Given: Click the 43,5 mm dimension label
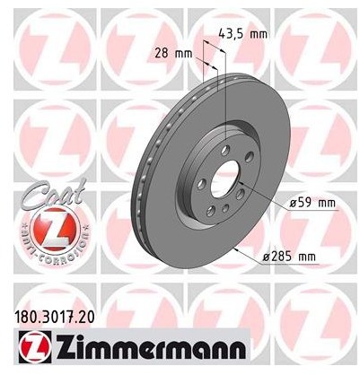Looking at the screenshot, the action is [242, 33].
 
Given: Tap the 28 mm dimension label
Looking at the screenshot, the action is [173, 53].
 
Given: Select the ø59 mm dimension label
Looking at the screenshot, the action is [312, 203].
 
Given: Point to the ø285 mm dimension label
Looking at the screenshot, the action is [289, 257].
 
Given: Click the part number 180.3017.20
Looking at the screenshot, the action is [54, 317].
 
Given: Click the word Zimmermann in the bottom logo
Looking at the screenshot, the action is [149, 348].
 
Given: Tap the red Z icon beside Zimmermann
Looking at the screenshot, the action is [35, 348].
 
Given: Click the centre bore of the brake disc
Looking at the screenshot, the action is [225, 179].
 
